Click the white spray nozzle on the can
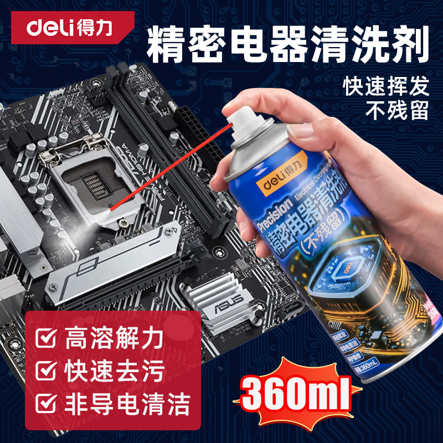pyautogui.click(x=241, y=119)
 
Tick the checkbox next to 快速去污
pyautogui.click(x=47, y=369)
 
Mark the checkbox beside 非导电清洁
pyautogui.click(x=47, y=400)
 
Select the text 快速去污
pyautogui.click(x=114, y=369)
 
